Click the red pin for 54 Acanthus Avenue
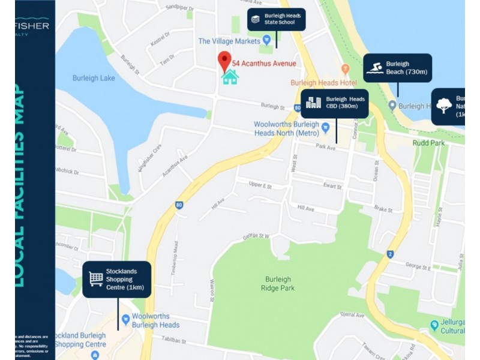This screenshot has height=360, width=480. (x=224, y=60)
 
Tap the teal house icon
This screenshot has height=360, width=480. (x=230, y=77)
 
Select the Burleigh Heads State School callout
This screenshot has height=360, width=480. (x=277, y=20)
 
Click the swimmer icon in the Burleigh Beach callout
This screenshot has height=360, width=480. (x=375, y=68)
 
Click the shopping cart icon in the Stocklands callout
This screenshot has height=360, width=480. (x=95, y=279)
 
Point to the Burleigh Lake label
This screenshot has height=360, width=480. (x=94, y=78)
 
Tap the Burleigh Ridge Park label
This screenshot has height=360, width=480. (x=278, y=284)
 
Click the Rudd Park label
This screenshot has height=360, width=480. (x=428, y=143)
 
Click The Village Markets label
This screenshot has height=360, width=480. (x=229, y=41)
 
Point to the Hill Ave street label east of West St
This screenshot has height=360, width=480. (x=306, y=208)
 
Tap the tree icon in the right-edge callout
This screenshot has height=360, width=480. (x=443, y=106)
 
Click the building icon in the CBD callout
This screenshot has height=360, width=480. (x=311, y=103)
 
